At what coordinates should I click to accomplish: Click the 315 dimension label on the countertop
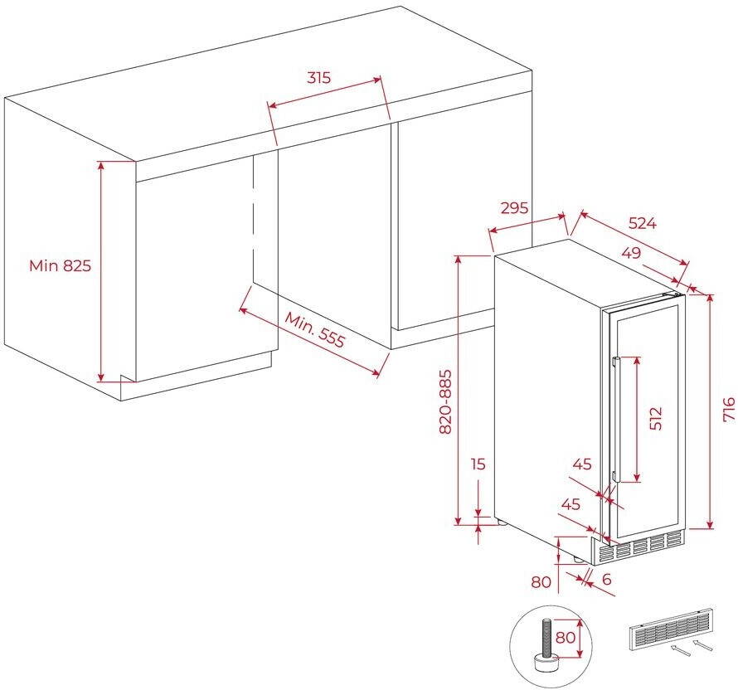click(318, 78)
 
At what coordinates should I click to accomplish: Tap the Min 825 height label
click(60, 265)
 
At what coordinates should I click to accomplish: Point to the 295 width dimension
click(514, 207)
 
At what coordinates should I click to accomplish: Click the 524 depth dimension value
click(642, 222)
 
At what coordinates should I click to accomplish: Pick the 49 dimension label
click(631, 253)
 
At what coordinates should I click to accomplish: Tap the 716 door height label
click(728, 411)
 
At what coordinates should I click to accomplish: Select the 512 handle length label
click(657, 418)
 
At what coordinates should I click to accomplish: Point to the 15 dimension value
click(478, 464)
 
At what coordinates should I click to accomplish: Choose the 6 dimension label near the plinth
click(607, 580)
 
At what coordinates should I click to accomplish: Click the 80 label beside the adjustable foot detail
click(565, 639)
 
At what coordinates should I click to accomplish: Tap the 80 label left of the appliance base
click(541, 582)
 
